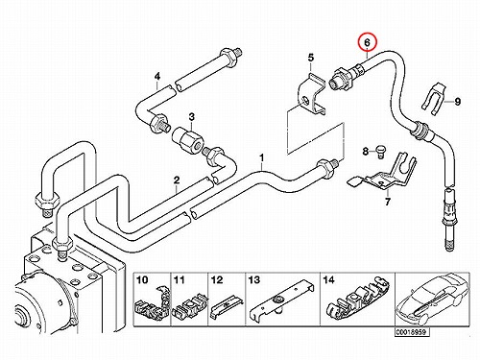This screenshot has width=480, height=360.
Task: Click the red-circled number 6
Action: [368, 42]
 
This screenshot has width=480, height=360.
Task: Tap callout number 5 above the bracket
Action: [311, 58]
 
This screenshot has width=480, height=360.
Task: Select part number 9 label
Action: [458, 102]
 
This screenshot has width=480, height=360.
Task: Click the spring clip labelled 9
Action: [434, 99]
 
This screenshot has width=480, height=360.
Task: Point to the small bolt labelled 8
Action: [380, 152]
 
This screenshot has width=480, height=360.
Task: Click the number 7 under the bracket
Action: [388, 202]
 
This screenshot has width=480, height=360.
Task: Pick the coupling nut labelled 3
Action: [188, 139]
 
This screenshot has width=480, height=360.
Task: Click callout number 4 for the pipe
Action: [157, 77]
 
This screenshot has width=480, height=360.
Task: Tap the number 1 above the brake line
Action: [262, 158]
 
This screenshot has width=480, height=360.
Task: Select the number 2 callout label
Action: [177, 180]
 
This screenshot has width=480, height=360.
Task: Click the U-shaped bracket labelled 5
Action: [310, 96]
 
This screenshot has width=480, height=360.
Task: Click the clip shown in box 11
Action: [190, 306]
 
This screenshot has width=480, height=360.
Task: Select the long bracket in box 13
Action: [281, 300]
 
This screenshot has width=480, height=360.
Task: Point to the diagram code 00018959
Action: [411, 332]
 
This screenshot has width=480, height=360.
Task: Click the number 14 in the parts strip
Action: [328, 280]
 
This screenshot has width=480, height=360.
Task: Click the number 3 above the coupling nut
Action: [191, 117]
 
